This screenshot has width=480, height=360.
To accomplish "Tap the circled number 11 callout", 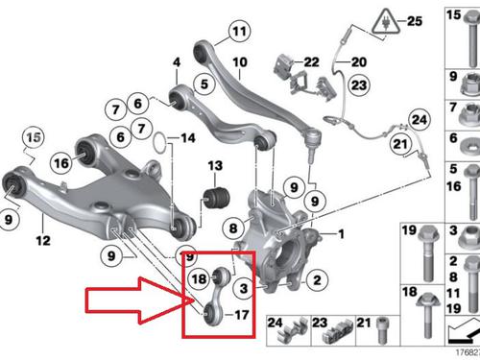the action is pos(239,31).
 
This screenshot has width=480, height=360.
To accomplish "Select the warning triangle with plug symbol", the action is pos(386,22).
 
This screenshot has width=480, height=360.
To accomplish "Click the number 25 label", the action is pos(415,21).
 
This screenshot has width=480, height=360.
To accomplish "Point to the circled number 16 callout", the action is pos(61,163).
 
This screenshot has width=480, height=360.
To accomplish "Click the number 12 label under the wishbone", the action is pos(43,241).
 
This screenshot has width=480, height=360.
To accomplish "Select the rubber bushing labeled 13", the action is pos(217,198).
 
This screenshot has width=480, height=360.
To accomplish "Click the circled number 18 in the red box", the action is pos(199,278).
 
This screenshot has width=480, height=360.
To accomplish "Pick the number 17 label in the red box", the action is pos(242,315).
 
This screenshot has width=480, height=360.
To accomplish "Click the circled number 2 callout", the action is pos(317,279).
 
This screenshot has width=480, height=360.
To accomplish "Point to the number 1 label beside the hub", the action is pos(341,234).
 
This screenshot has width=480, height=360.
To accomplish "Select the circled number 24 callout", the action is pos(420,120).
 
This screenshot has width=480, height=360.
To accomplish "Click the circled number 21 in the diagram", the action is pos(400,144).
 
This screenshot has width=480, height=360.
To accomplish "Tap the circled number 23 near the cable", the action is pos(359,85).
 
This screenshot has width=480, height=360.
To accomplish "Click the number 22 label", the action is pos(311,62).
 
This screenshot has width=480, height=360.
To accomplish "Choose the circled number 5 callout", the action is pos(204,84).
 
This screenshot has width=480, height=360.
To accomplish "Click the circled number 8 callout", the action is pos(233,228).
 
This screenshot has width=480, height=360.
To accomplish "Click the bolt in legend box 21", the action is pos(382,330).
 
